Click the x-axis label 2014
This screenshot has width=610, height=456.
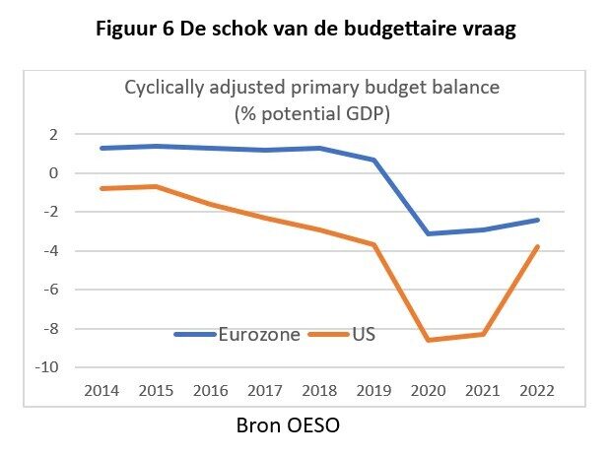click(102, 390)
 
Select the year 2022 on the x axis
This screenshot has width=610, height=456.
click(534, 390)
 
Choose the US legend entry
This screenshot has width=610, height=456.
click(363, 335)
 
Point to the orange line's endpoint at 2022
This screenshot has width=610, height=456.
click(534, 246)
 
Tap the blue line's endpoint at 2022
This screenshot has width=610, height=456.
click(534, 220)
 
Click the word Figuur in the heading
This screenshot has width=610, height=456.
click(128, 29)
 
